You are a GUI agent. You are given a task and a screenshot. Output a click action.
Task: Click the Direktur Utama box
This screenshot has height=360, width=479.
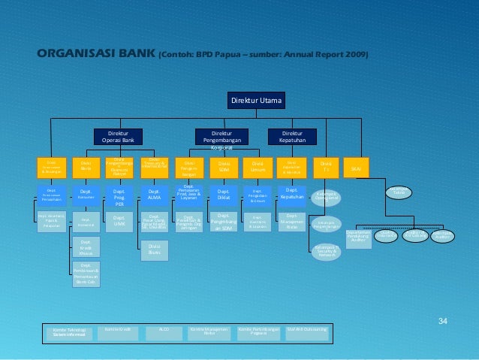coord(257,100)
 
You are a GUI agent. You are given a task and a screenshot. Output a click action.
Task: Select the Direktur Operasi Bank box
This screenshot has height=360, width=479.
coord(119,136)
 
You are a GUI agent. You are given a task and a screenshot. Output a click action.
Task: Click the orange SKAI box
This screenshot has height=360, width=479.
coord(356,168)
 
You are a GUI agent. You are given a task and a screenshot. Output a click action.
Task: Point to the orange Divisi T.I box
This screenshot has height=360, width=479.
coord(326,167)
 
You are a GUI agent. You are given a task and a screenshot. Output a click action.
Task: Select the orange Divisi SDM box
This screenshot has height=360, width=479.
coord(224,168)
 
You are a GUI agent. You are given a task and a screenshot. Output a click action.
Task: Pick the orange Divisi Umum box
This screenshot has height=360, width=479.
coord(258,168)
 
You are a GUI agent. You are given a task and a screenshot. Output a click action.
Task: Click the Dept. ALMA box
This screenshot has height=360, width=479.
coord(154,196)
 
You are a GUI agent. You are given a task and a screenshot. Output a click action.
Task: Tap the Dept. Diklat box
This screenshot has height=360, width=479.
coord(224,196)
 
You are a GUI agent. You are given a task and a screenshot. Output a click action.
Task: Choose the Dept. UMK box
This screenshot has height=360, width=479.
coord(119,222)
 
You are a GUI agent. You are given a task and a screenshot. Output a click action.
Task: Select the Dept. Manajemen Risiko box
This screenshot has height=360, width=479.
coord(291,222)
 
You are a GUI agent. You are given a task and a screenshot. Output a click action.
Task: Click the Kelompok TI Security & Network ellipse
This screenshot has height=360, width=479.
coord(326,251)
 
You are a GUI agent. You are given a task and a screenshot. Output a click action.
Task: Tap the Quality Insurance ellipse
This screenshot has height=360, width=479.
coord(387,237)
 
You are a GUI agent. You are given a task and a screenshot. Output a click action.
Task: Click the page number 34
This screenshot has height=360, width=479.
coord(442,322)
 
